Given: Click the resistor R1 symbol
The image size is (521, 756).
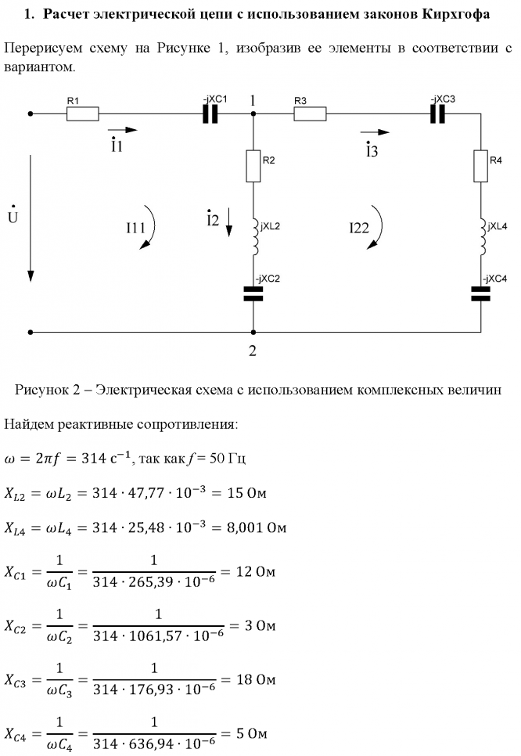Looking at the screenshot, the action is (82, 114).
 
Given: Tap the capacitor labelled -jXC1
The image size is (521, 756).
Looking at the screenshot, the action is (210, 114).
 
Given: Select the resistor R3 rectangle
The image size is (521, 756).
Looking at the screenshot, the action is (310, 114).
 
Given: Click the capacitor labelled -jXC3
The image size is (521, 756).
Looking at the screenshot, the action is (437, 114).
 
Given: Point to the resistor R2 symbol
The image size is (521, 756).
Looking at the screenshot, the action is (253, 166).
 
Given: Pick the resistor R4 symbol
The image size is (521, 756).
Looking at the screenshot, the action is (480, 166).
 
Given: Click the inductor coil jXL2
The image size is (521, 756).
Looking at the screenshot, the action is (255, 236).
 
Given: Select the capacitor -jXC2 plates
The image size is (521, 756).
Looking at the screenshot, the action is (253, 294).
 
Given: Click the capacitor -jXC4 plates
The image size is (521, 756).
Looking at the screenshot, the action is (480, 294).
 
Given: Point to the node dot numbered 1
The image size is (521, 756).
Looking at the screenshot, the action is (253, 114).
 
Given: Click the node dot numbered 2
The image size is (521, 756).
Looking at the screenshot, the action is (253, 332).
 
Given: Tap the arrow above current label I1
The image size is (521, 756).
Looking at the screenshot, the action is (122, 130).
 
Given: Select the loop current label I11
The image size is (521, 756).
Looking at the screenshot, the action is (135, 228).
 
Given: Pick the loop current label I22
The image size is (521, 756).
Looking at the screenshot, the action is (359, 228).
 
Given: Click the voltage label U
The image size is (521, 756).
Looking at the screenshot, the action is (13, 216).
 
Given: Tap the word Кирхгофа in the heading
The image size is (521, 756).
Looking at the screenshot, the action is (456, 14).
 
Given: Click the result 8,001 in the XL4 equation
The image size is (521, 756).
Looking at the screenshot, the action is (245, 528).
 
